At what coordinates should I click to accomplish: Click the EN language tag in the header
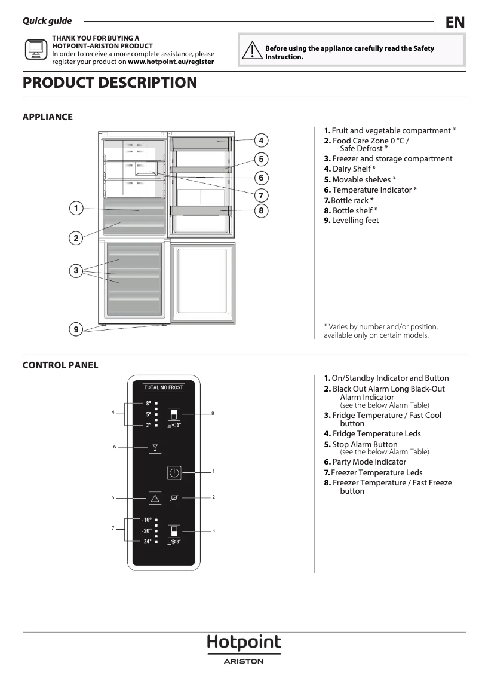point(455,22)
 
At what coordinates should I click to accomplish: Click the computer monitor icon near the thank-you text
point(36,50)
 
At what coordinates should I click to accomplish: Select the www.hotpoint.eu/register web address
point(171,62)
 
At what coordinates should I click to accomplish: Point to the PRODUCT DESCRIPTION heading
point(110,83)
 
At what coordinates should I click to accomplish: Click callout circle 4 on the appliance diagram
point(261,141)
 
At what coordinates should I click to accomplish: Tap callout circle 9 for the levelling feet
point(76,329)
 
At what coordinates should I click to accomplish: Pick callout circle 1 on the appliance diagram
point(76,208)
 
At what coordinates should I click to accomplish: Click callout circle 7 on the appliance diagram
point(261,194)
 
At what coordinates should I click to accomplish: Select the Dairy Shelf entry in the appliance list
point(350,169)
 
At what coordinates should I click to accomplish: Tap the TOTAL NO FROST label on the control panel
point(164,387)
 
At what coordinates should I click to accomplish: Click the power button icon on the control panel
point(174,472)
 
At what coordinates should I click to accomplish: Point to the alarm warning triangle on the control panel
point(155,497)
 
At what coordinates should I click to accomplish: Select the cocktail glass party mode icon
point(155,447)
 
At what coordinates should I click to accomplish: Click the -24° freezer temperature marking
point(147,542)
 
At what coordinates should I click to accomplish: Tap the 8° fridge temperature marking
point(148,404)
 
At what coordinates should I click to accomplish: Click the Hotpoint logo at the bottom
point(244,643)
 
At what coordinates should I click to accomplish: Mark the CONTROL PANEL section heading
point(60,365)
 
